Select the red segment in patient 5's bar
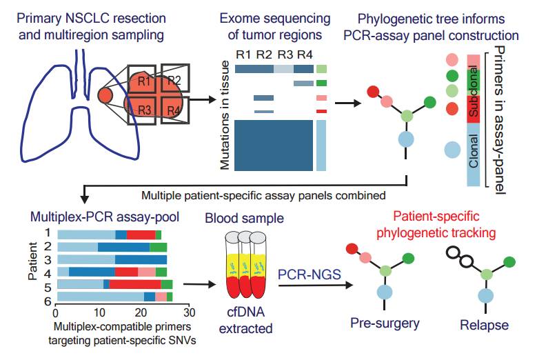(135, 283)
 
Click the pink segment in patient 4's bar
(146, 272)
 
